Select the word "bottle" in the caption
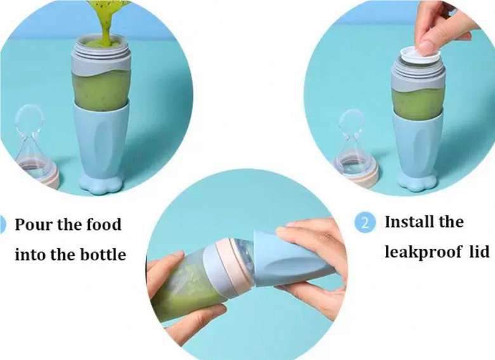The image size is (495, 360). click(x=103, y=255)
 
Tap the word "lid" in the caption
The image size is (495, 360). click(x=480, y=251)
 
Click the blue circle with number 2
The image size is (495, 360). click(x=365, y=223)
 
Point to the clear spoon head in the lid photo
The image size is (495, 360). click(x=351, y=122)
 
